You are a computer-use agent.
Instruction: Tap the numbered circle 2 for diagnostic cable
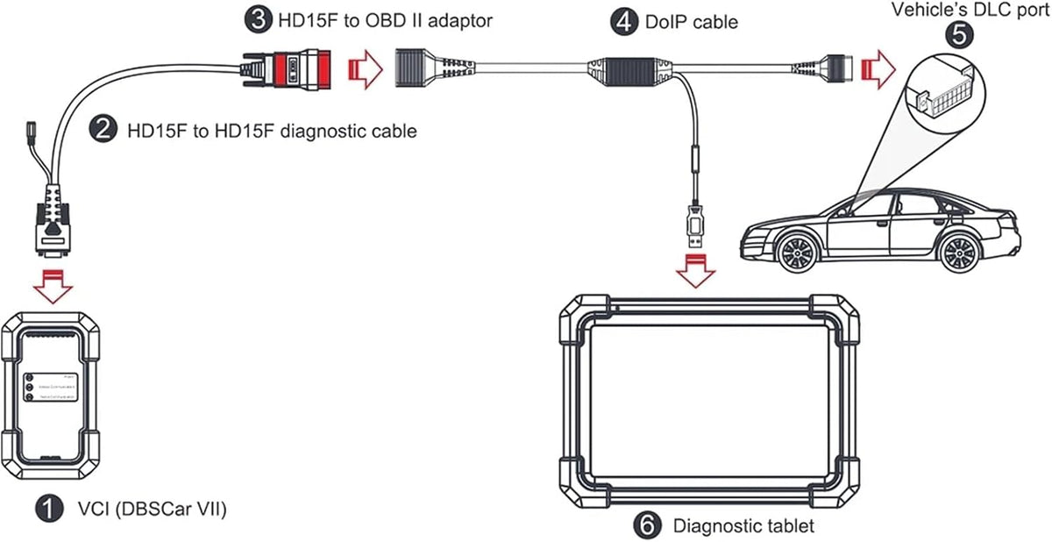click(103, 131)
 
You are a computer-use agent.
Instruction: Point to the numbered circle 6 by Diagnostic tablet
click(646, 525)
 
